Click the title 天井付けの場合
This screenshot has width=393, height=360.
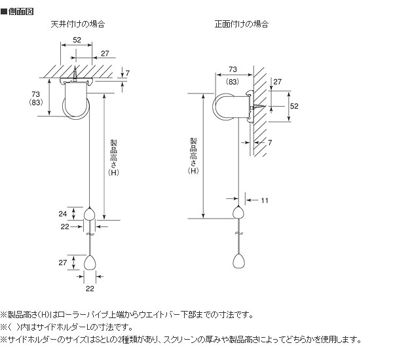(78, 24)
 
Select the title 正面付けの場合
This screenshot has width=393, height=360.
(242, 24)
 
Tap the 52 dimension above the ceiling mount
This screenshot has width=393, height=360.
(77, 40)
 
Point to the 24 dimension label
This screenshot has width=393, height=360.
(63, 213)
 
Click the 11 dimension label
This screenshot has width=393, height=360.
(265, 200)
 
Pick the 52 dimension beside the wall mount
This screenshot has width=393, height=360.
(294, 106)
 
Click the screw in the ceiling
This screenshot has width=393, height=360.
(75, 74)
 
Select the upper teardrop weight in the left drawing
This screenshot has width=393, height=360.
(89, 214)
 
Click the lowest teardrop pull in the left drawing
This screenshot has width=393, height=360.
(90, 262)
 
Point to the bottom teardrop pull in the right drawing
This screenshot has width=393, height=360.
(238, 261)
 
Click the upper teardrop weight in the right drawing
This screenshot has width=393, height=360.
(238, 212)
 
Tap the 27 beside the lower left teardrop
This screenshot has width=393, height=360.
(63, 262)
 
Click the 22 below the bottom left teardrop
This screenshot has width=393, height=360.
(90, 289)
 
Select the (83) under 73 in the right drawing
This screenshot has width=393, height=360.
(233, 82)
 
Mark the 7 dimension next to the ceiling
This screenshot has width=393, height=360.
(128, 73)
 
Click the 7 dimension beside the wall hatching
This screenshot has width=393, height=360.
(270, 143)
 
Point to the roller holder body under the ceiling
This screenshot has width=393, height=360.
(76, 101)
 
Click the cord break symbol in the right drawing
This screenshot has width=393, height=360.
(239, 233)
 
